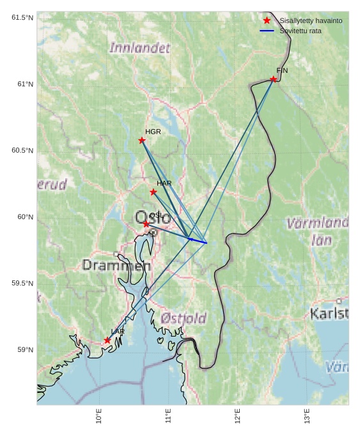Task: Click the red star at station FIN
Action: pyautogui.click(x=273, y=79)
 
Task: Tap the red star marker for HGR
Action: pyautogui.click(x=142, y=141)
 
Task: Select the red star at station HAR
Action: pyautogui.click(x=153, y=192)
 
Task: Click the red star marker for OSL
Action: pyautogui.click(x=146, y=224)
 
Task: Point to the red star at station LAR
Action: pyautogui.click(x=107, y=340)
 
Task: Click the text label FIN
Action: pyautogui.click(x=282, y=70)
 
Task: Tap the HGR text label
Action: pyautogui.click(x=153, y=132)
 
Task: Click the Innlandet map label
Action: pyautogui.click(x=139, y=48)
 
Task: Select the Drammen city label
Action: pyautogui.click(x=116, y=265)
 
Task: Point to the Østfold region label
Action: pyautogui.click(x=184, y=318)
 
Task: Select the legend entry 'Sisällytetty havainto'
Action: pyautogui.click(x=311, y=20)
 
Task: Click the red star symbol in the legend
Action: pyautogui.click(x=267, y=20)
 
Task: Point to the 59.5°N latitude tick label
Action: pyautogui.click(x=22, y=284)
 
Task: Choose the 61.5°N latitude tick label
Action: pyautogui.click(x=22, y=18)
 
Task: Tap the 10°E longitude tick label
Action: pyautogui.click(x=99, y=416)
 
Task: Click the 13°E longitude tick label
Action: pyautogui.click(x=307, y=416)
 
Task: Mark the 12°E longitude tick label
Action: pyautogui.click(x=238, y=416)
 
